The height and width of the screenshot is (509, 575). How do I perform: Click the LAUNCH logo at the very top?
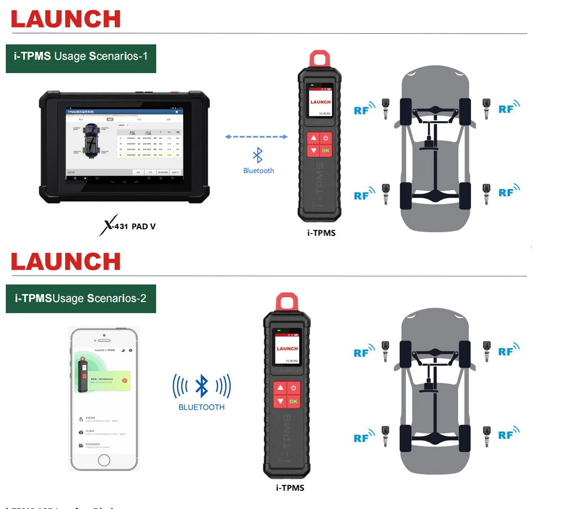pyautogui.click(x=66, y=19)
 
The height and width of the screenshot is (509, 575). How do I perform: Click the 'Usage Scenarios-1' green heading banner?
pyautogui.click(x=81, y=56)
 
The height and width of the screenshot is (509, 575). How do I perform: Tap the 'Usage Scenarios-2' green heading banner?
pyautogui.click(x=81, y=298)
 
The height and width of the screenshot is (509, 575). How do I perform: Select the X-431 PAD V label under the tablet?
pyautogui.click(x=128, y=227)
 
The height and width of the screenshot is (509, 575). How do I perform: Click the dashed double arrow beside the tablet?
pyautogui.click(x=256, y=137)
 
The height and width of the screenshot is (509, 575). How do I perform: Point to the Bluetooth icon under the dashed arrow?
pyautogui.click(x=258, y=155)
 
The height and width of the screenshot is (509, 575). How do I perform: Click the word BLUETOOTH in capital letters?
pyautogui.click(x=201, y=407)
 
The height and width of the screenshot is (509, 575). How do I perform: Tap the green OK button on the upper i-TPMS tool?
pyautogui.click(x=326, y=151)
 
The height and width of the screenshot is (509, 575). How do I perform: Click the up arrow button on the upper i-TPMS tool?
pyautogui.click(x=314, y=138)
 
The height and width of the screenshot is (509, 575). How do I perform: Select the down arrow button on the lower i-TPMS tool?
pyautogui.click(x=280, y=401)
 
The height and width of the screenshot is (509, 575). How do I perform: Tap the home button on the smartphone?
pyautogui.click(x=104, y=460)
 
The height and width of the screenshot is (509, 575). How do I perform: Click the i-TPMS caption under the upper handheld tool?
pyautogui.click(x=321, y=232)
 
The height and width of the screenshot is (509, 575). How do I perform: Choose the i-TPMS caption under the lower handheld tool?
pyautogui.click(x=290, y=487)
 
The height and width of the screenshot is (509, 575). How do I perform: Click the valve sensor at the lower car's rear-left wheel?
pyautogui.click(x=386, y=435)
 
